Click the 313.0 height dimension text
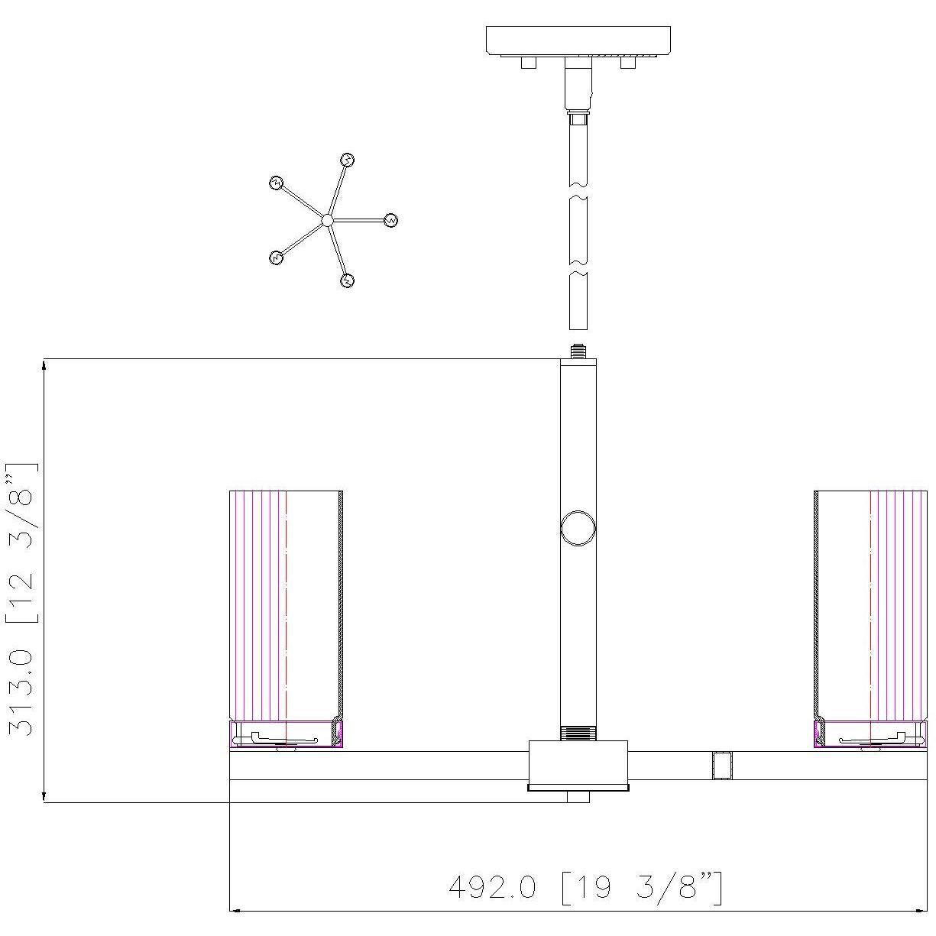[x=21, y=599]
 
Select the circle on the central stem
[x=578, y=527]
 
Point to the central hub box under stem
[x=578, y=764]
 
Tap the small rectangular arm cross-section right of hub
[x=722, y=765]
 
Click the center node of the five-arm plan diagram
[x=327, y=221]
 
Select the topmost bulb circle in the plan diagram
[x=348, y=160]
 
